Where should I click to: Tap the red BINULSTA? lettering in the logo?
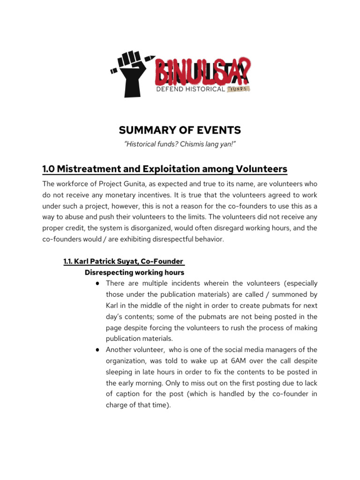pos(202,73)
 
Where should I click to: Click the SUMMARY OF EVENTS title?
pos(180,130)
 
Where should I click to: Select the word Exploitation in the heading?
pos(159,169)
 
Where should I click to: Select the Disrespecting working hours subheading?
pos(135,272)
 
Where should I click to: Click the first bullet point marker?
pos(96,284)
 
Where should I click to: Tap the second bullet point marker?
pos(96,350)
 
